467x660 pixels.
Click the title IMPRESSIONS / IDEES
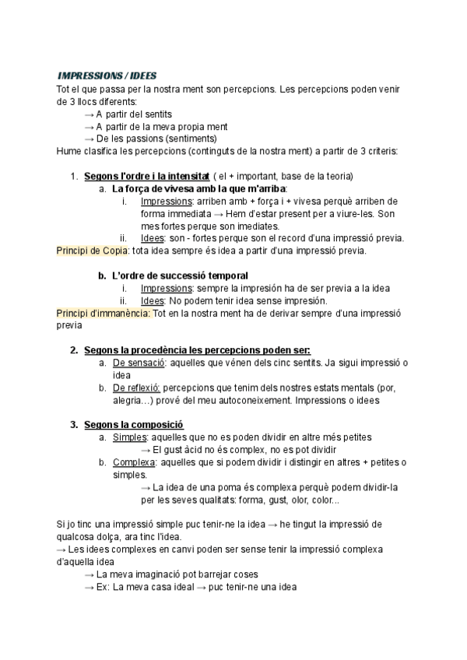107,75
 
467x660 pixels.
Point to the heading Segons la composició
133,425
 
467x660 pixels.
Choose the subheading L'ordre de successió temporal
180,276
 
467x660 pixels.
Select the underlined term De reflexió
136,388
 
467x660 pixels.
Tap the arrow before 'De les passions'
89,139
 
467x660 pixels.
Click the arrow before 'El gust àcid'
145,450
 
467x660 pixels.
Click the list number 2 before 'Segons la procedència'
73,350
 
